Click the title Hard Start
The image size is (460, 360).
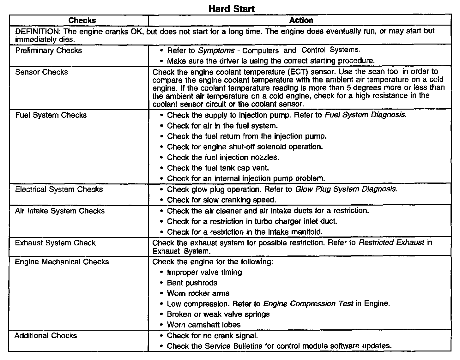coord(232,9)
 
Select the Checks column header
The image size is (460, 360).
coord(82,21)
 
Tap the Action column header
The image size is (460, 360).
coord(301,21)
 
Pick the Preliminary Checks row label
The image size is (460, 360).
coord(48,51)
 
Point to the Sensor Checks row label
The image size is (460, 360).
coord(41,72)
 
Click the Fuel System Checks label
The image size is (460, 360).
coord(51,115)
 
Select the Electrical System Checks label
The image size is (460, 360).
coord(59,189)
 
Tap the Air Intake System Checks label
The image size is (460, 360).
coord(60,211)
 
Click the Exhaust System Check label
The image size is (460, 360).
coord(55,243)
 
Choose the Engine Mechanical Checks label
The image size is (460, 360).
coord(62,262)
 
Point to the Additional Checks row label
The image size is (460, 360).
coord(45,335)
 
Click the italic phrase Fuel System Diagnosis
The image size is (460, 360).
coord(365,115)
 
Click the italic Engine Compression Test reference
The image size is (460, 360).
coord(308,303)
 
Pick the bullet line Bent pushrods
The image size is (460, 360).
coord(192,283)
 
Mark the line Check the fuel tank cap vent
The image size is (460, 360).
coord(218,168)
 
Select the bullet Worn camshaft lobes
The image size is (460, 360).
coord(203,325)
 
